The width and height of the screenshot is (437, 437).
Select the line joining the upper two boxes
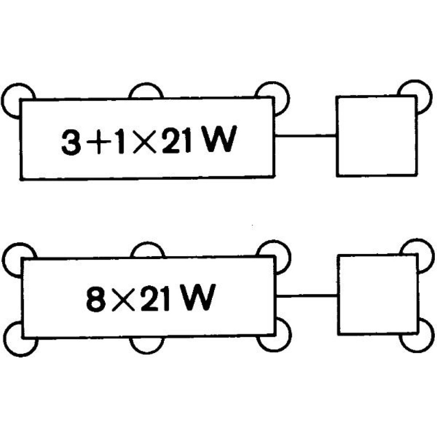(305, 136)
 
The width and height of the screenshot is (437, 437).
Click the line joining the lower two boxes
(307, 295)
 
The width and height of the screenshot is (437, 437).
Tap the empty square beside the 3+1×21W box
(377, 136)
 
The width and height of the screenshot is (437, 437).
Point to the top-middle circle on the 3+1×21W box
(146, 84)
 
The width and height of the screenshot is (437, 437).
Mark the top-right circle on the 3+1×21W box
(286, 97)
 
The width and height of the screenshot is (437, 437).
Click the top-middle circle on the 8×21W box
(147, 244)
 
